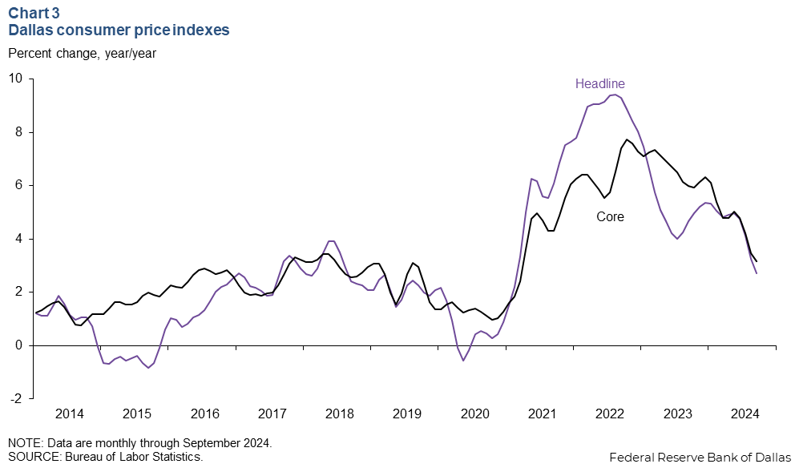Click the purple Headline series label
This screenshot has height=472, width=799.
[x=599, y=83]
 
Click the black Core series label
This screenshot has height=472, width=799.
[x=610, y=216]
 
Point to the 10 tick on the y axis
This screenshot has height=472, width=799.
[x=15, y=79]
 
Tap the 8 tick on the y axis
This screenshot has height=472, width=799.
[x=18, y=132]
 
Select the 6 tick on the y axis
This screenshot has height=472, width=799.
[x=18, y=185]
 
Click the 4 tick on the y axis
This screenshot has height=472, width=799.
[x=18, y=239]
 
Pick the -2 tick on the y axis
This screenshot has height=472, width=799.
[x=16, y=398]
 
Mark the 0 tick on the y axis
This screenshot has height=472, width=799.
[x=18, y=345]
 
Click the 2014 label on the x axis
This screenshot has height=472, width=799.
[x=70, y=414]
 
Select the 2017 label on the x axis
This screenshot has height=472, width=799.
[x=272, y=414]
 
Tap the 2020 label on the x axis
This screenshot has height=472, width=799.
[x=475, y=414]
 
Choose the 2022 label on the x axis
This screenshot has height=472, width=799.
[x=610, y=414]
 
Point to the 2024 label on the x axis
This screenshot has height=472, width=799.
[x=745, y=414]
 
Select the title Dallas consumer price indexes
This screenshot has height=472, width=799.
[x=119, y=30]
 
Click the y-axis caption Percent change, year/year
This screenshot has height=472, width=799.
[x=82, y=54]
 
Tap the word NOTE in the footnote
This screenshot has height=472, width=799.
[x=24, y=443]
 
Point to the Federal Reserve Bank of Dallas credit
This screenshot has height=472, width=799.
[x=700, y=458]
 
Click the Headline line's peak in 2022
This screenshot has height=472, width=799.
[x=614, y=95]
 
